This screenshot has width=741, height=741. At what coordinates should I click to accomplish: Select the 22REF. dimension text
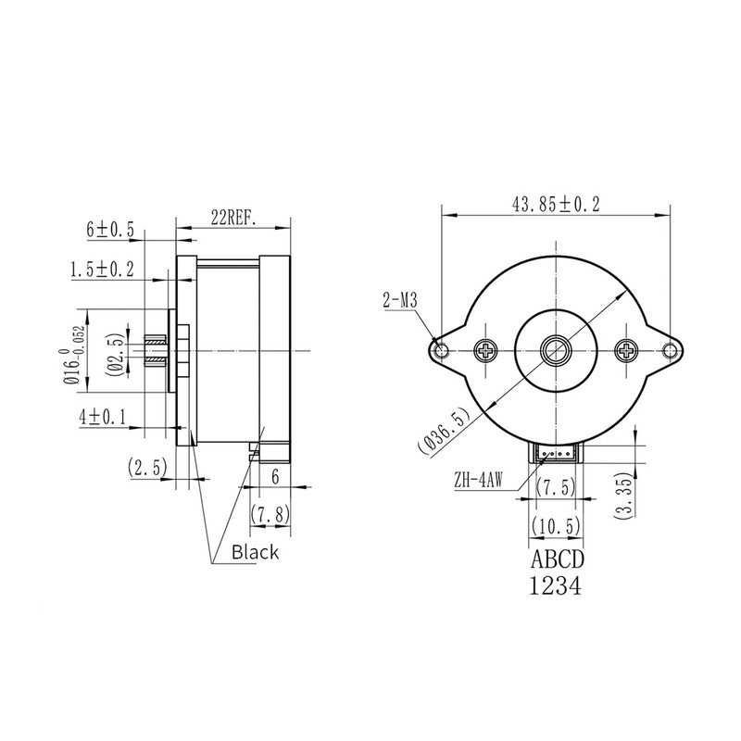[x=232, y=218]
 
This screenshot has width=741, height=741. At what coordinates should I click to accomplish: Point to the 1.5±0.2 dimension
[x=102, y=270]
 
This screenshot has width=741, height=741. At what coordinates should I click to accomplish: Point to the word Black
[x=255, y=553]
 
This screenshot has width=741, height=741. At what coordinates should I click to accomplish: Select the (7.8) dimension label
[x=270, y=513]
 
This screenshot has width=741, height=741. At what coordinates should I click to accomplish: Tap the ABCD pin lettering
[x=557, y=562]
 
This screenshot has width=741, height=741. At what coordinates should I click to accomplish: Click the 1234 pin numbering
[x=556, y=587]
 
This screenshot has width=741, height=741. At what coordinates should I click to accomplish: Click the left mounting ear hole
[x=442, y=350]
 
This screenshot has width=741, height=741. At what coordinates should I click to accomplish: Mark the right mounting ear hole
[x=672, y=350]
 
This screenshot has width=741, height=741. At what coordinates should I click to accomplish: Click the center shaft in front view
[x=557, y=350]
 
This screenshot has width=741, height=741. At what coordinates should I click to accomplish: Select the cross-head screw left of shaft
[x=486, y=350]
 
